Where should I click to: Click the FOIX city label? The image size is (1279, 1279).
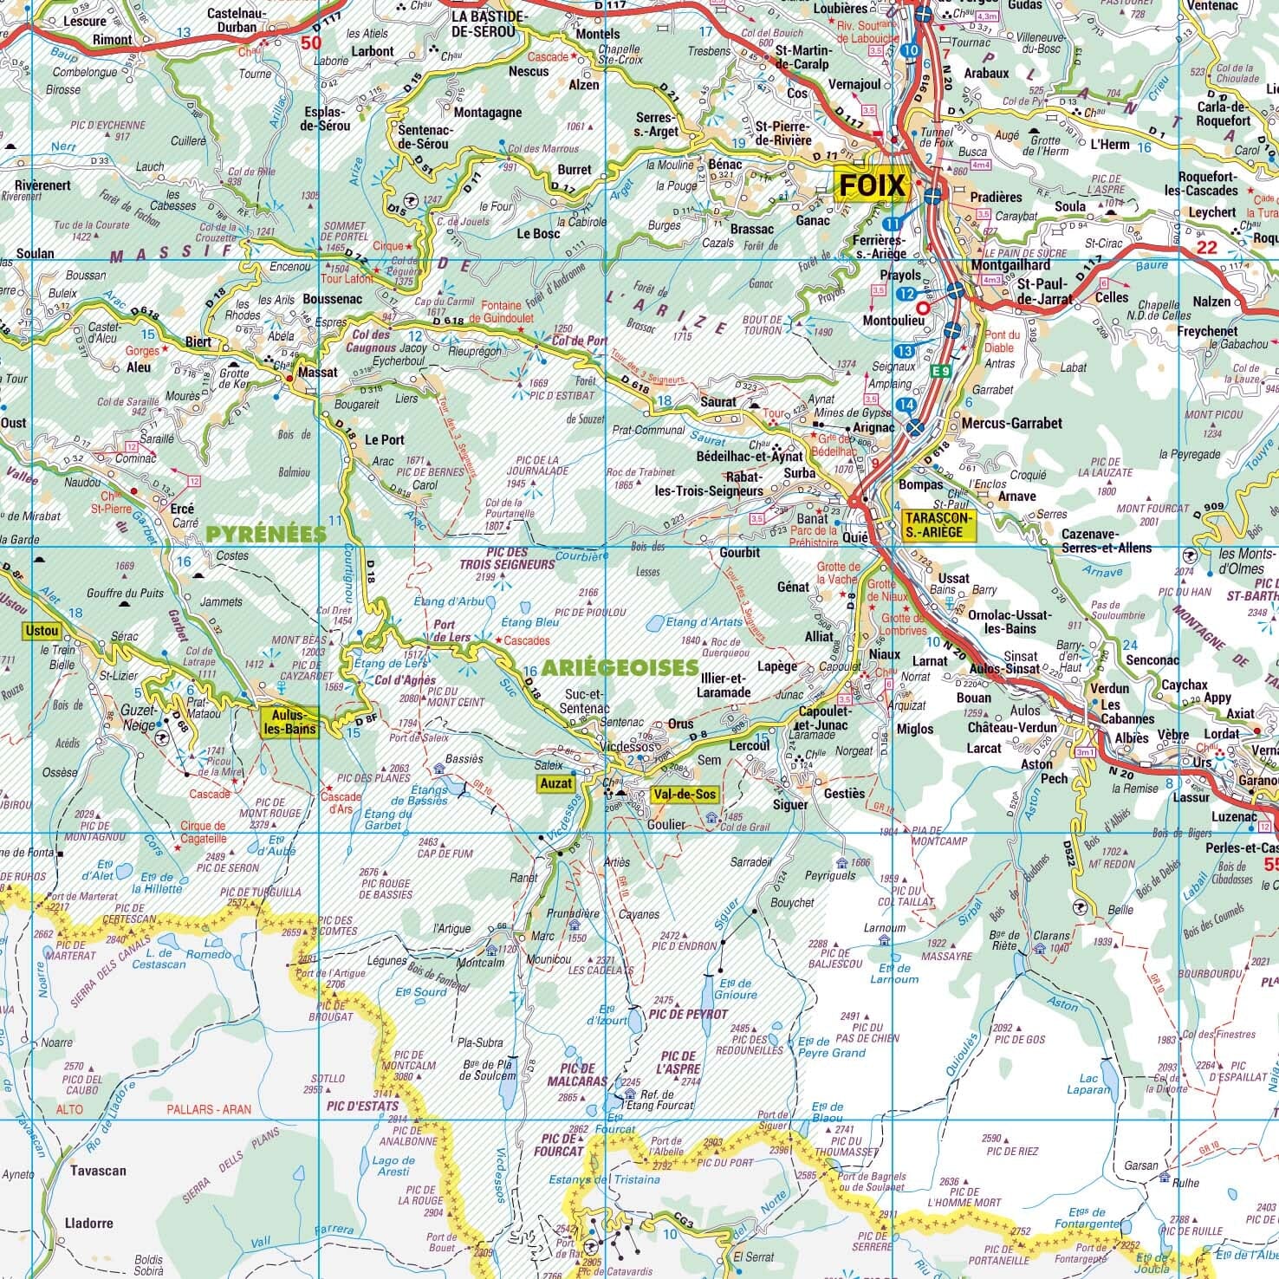coord(871,185)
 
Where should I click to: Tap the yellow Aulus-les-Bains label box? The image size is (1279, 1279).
coord(289,721)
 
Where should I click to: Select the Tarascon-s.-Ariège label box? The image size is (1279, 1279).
coord(938,524)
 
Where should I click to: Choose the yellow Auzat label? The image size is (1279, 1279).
coord(555,783)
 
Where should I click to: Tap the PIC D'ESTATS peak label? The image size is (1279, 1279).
coord(363,1106)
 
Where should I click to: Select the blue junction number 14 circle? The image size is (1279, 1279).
coord(906,405)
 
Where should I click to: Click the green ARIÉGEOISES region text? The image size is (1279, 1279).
coord(621,667)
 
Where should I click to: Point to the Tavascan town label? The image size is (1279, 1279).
coord(95,1171)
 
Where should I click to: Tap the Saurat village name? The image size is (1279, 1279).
coord(717,402)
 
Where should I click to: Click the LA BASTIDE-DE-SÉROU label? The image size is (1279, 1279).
coord(489,23)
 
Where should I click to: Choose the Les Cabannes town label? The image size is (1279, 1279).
coord(1126,712)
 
